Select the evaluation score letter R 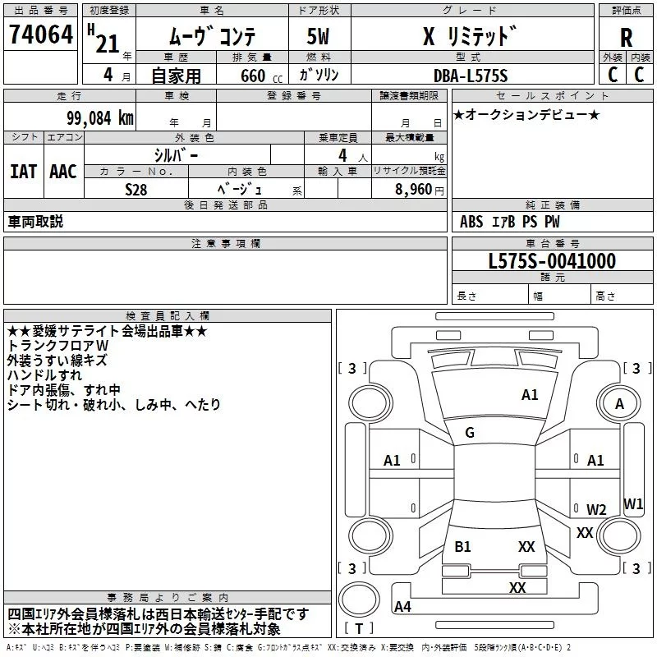626,38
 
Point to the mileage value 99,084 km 94,118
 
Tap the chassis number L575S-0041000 552,261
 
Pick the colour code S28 136,189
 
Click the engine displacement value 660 252,76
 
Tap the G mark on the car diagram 470,433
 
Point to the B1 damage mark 462,546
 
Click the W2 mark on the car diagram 596,509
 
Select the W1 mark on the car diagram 633,503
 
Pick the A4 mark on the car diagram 402,607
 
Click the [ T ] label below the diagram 358,629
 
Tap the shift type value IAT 23,171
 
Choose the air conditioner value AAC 62,171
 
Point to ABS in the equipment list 471,222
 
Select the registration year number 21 107,44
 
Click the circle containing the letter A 620,404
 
